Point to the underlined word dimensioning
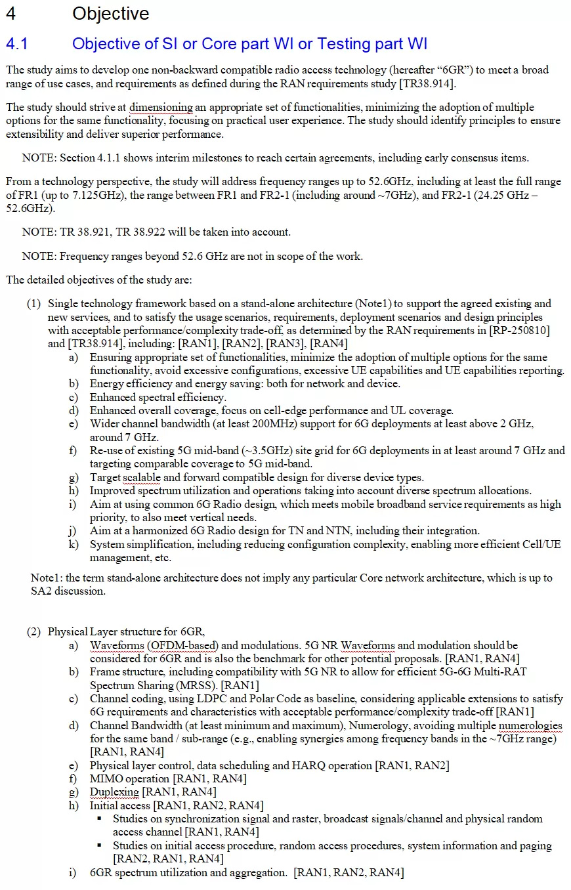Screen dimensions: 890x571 coord(161,108)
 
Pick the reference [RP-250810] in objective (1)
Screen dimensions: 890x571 coord(519,330)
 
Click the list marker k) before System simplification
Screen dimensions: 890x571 coord(74,544)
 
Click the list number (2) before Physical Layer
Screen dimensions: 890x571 coord(33,631)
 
